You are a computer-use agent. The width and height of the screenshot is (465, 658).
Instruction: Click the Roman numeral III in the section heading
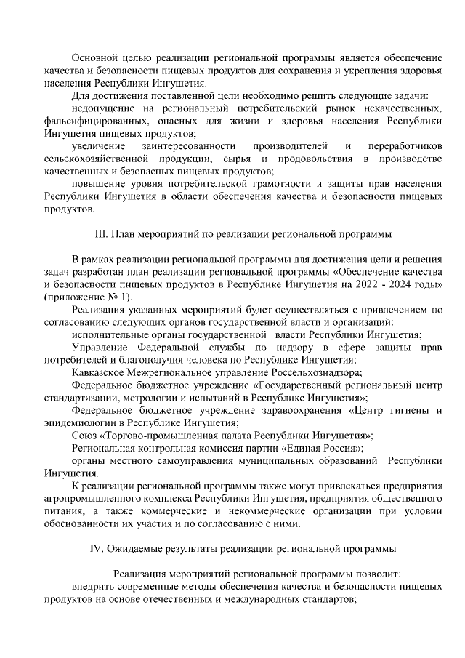pos(100,235)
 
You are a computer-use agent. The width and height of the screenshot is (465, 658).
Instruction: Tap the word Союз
pos(85,435)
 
